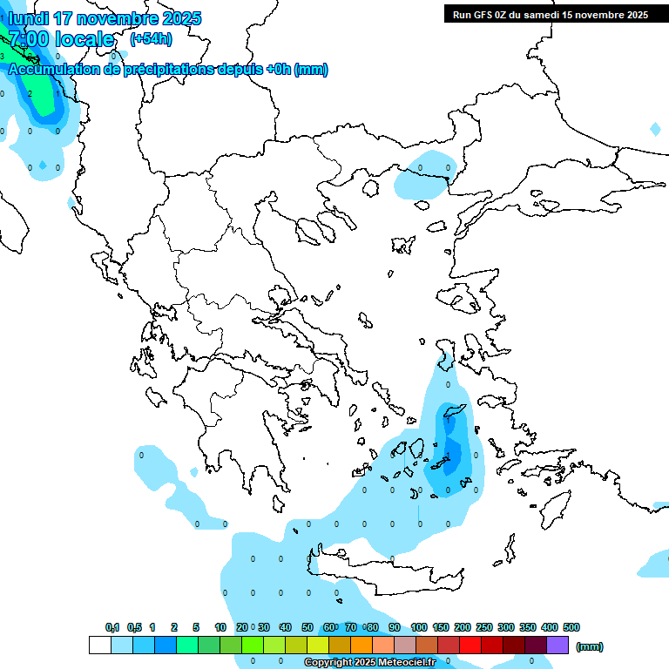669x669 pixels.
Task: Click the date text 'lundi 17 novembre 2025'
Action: tap(105, 18)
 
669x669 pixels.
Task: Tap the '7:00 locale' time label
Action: tap(61, 39)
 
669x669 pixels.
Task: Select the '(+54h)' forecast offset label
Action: tap(151, 39)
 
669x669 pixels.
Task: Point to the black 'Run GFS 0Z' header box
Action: tap(550, 14)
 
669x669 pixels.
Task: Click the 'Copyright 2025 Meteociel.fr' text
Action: tap(369, 663)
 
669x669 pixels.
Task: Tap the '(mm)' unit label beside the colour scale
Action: tap(590, 646)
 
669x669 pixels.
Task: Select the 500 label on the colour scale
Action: tap(571, 627)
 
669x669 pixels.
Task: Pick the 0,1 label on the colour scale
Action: tap(112, 627)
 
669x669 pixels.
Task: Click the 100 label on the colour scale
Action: tap(418, 627)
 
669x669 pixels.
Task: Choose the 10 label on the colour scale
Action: tap(220, 627)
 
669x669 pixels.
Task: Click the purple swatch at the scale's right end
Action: tap(557, 645)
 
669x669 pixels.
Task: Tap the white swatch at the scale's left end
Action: tap(99, 645)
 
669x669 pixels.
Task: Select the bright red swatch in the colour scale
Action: tap(470, 645)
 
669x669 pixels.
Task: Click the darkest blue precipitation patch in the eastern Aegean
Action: tap(451, 455)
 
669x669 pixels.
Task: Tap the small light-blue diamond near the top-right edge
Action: tap(655, 129)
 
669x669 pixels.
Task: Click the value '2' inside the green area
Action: tap(30, 93)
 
